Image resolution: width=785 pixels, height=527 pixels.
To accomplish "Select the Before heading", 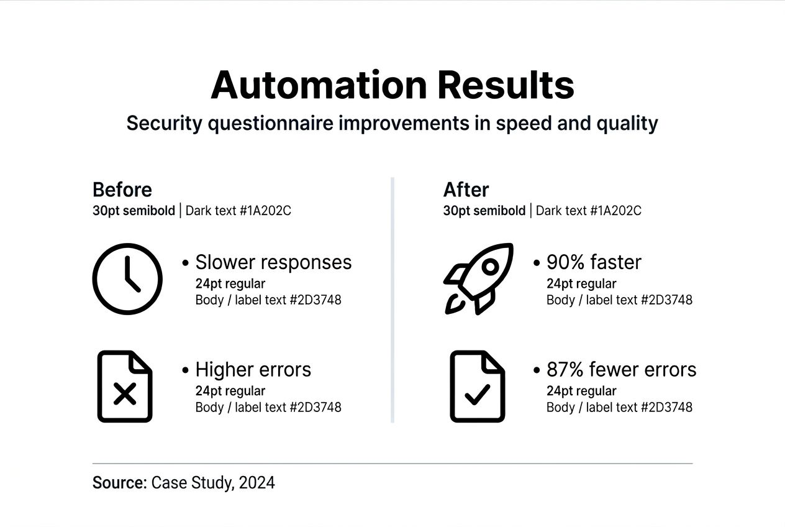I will click(x=122, y=190).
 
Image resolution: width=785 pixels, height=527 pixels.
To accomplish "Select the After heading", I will click(x=466, y=190).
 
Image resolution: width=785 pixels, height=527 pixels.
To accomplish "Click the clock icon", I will click(x=127, y=279).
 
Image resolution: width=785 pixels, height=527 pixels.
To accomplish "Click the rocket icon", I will click(x=479, y=278).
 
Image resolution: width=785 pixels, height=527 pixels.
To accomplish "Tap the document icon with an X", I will click(x=125, y=387).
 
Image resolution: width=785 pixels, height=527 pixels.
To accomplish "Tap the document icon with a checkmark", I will click(x=477, y=387).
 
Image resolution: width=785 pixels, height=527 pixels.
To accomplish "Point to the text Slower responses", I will click(x=273, y=262).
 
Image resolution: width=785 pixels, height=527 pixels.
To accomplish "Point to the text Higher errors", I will click(x=253, y=370).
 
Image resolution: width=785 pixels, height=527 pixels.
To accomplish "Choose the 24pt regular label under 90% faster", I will click(x=581, y=284).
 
